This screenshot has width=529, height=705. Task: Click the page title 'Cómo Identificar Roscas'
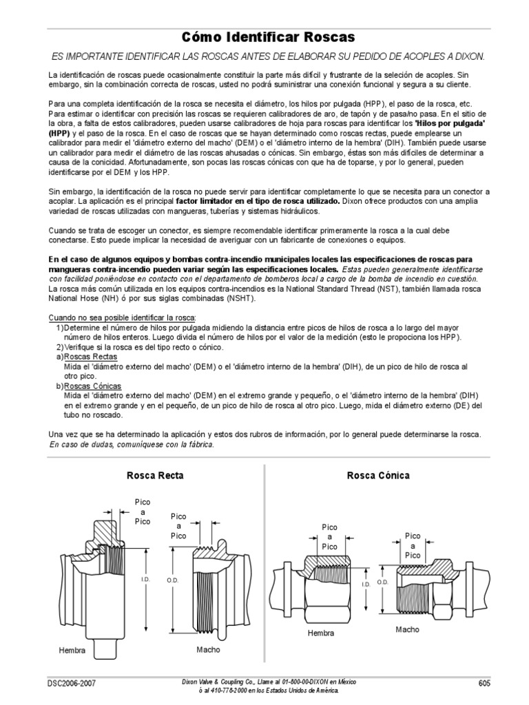268,37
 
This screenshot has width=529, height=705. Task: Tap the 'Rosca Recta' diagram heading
155,475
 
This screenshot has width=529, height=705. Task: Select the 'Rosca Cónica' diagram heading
378,475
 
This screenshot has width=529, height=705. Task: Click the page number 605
484,684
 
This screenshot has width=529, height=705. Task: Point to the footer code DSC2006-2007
72,684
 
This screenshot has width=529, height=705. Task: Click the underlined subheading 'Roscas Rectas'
91,357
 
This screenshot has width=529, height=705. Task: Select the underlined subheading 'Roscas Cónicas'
93,386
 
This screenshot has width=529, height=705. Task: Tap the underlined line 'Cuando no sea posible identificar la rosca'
122,318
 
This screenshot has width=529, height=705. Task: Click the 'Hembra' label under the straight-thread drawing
72,650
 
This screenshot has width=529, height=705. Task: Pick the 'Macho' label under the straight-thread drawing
208,649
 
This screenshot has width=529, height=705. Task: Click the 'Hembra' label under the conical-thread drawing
321,633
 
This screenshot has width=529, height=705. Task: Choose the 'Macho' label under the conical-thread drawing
407,629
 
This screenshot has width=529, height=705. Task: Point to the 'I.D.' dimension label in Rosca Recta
145,580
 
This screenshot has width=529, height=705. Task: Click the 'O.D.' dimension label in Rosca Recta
173,580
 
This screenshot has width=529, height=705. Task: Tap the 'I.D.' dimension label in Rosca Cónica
366,585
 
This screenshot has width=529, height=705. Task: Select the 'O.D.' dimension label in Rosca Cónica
382,582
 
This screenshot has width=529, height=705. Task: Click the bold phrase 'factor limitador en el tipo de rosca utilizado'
258,201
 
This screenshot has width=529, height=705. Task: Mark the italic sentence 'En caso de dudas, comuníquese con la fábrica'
132,445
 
